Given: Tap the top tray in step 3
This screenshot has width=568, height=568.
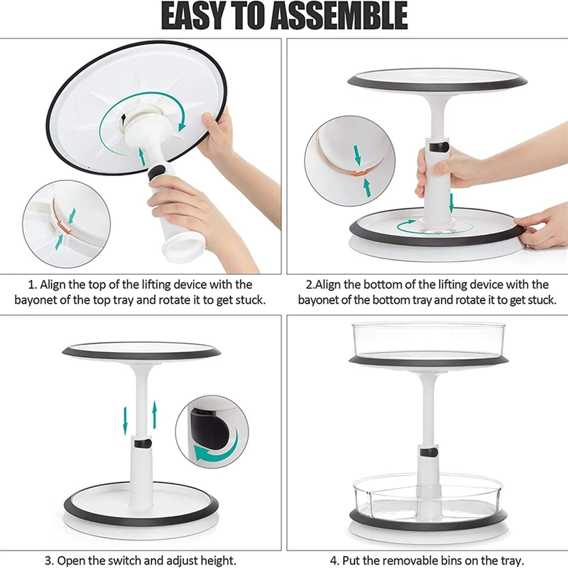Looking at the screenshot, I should click(142, 351).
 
